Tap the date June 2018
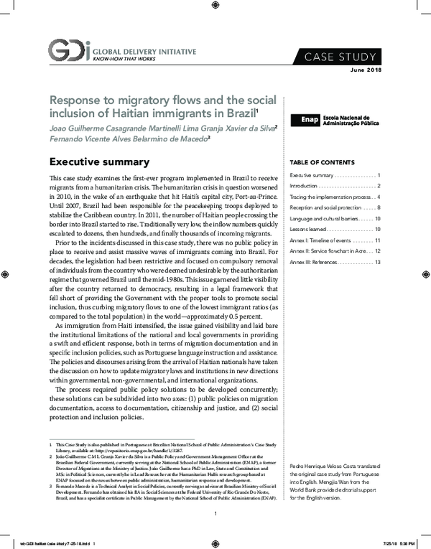366,70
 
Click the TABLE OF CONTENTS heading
321,161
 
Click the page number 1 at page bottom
215,513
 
